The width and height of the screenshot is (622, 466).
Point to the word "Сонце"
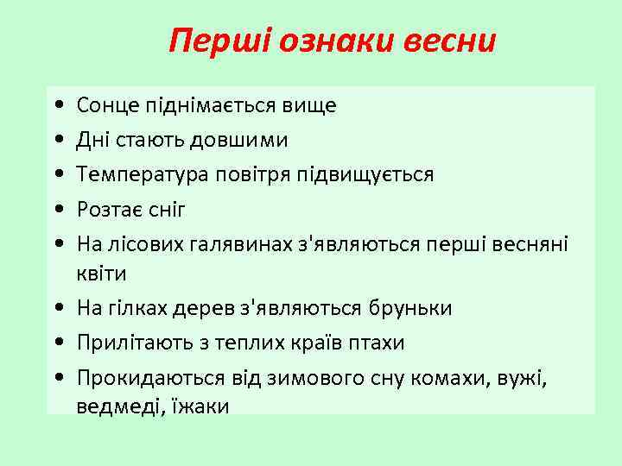(103, 106)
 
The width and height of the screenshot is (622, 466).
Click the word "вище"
(310, 106)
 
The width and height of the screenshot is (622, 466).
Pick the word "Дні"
(92, 140)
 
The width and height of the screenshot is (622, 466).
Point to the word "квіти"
(101, 274)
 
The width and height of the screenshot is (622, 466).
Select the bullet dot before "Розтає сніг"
(56, 210)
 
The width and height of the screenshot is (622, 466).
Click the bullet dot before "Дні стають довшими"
(56, 141)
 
